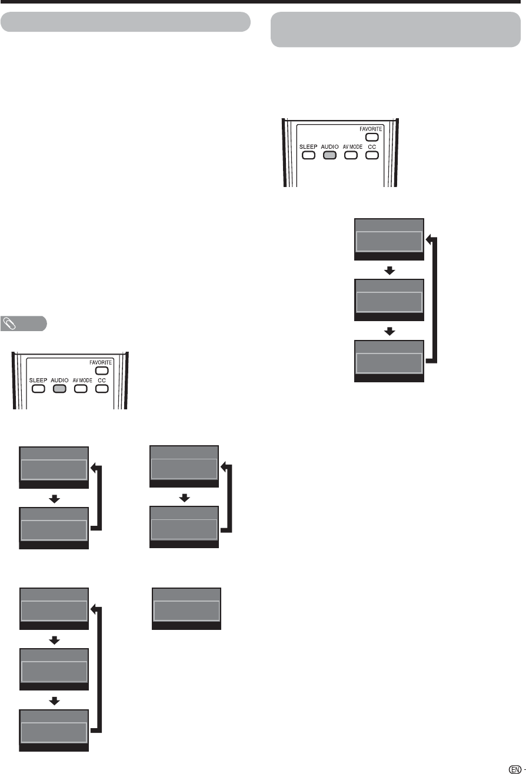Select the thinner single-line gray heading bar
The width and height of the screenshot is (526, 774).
(126, 21)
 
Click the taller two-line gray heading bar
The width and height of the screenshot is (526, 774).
(395, 29)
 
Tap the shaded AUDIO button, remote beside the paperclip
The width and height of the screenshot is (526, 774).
(58, 389)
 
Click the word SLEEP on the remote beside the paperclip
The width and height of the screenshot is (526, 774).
(38, 381)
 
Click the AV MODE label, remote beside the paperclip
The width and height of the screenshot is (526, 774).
(79, 381)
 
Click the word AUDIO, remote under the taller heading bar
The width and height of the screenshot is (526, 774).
(330, 146)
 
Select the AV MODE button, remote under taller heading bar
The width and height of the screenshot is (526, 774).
(351, 156)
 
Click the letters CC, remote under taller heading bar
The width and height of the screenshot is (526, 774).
(371, 146)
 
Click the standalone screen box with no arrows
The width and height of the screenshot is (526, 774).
(187, 609)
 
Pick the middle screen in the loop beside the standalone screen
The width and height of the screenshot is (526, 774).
(54, 673)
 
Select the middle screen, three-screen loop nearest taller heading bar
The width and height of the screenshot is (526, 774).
(389, 300)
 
